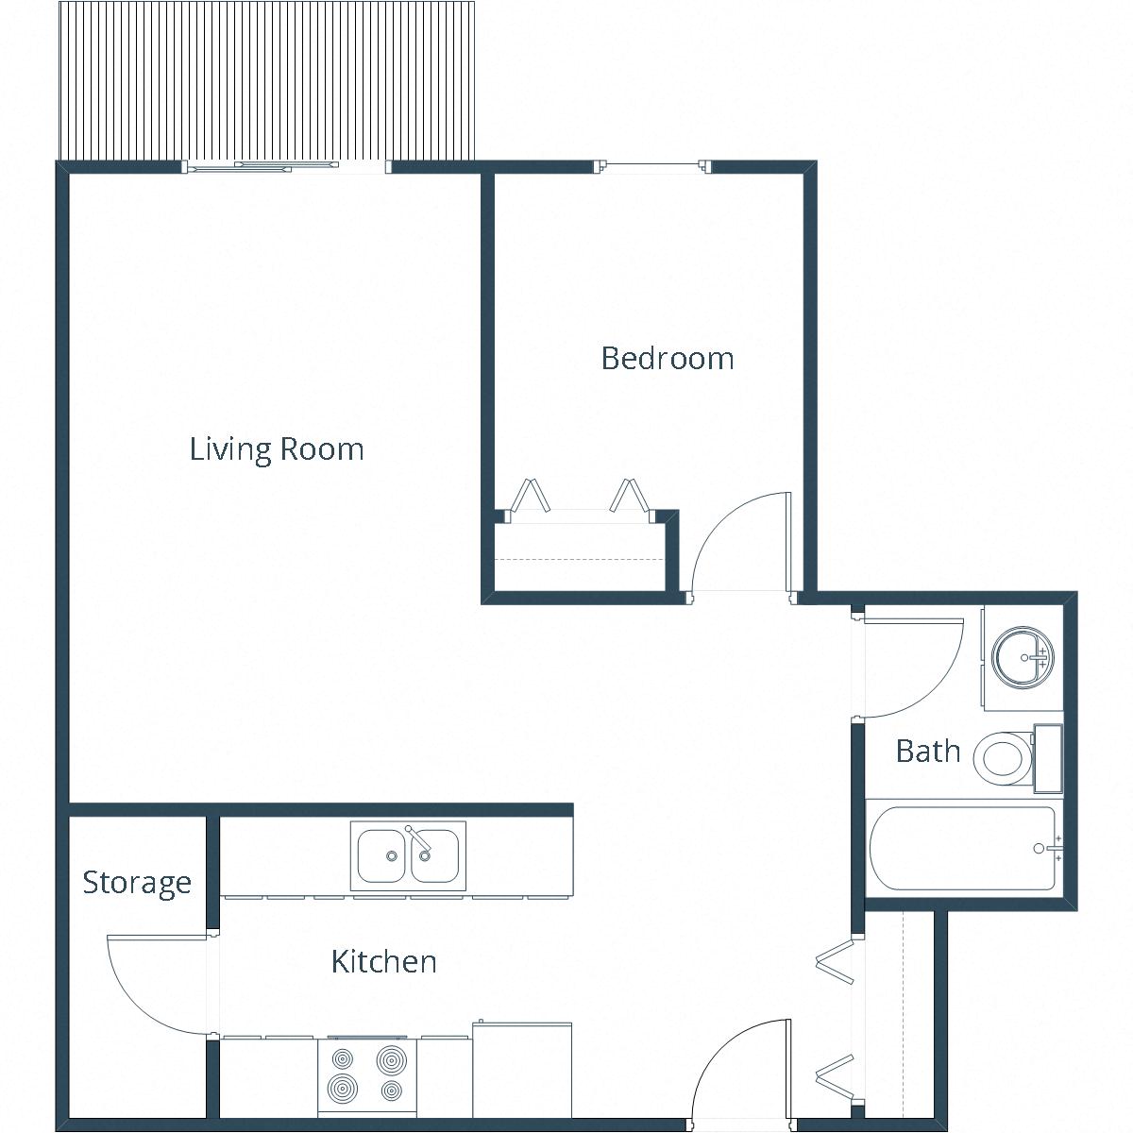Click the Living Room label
point(277,448)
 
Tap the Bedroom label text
point(668,359)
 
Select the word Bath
point(927,752)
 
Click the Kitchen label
point(383,962)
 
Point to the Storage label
point(137,883)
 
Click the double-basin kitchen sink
point(408,855)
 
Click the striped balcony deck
point(265,81)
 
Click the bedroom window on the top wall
point(653,167)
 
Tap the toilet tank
point(1047,758)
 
